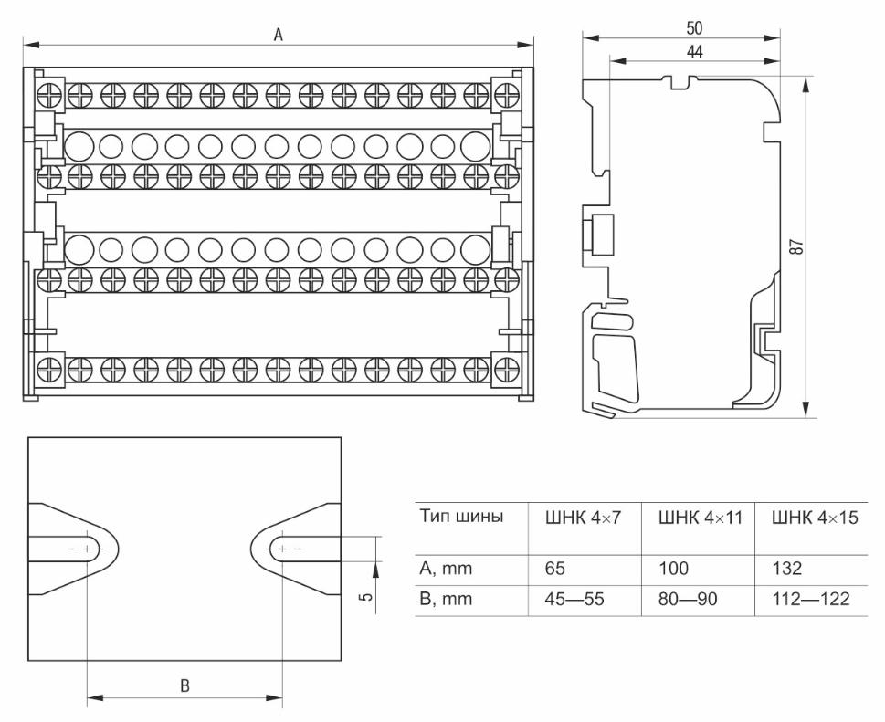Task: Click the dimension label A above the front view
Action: click(x=279, y=34)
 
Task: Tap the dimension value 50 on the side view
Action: click(x=693, y=29)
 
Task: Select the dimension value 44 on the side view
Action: click(x=694, y=53)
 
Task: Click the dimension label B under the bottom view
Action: click(x=184, y=686)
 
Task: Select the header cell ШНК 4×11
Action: click(x=697, y=518)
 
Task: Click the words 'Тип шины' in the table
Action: click(x=461, y=518)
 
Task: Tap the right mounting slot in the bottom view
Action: click(x=292, y=549)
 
